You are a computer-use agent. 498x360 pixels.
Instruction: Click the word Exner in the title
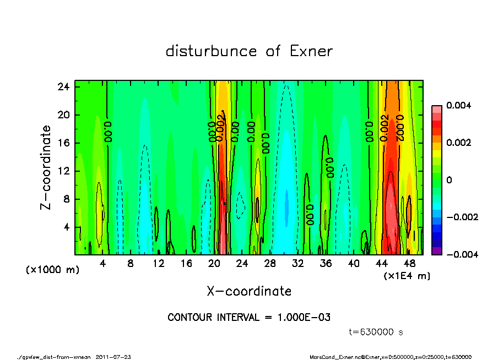[x=311, y=51]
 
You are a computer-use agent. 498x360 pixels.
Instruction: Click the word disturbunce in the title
[x=212, y=51]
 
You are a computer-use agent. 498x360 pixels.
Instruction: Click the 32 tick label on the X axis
[x=298, y=264]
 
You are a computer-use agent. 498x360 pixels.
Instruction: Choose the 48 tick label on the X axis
[x=409, y=264]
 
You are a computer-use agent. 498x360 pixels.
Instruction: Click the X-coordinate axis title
[x=249, y=291]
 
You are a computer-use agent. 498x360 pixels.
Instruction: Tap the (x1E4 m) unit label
[x=407, y=275]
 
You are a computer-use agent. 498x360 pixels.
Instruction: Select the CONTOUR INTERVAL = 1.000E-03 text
[x=249, y=318]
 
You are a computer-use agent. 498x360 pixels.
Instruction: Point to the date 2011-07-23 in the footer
[x=113, y=357]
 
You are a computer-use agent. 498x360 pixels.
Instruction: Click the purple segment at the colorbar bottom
[x=436, y=250]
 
